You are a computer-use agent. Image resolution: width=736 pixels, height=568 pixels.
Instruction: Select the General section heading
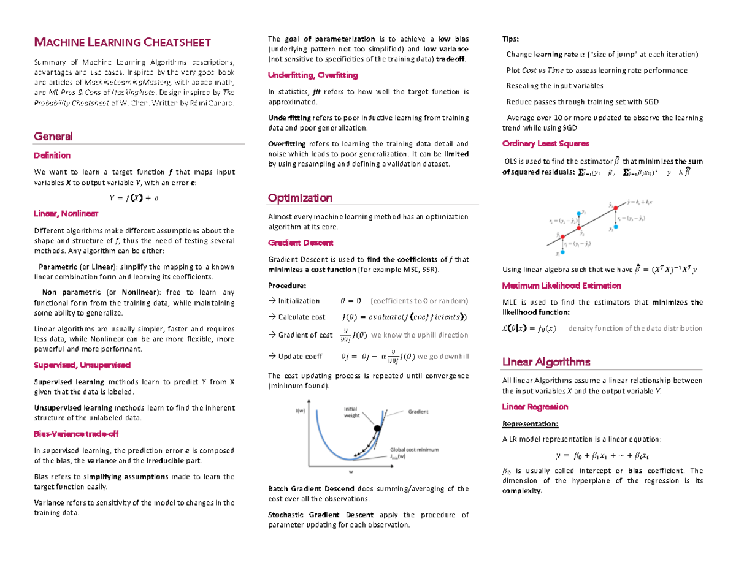[x=53, y=136]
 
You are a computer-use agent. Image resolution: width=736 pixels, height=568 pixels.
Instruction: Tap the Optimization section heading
[x=300, y=198]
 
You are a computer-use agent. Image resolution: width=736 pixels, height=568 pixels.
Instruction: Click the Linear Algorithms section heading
[x=546, y=361]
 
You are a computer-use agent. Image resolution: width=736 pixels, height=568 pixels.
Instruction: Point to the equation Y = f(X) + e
[x=134, y=197]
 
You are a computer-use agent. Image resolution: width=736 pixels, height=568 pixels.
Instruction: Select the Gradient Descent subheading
[x=301, y=243]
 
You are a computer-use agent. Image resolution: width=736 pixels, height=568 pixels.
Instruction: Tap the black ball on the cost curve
[x=377, y=430]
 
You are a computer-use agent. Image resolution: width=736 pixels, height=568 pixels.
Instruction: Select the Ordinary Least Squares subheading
[x=545, y=143]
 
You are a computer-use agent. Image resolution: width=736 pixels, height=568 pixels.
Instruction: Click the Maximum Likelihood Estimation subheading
[x=561, y=286]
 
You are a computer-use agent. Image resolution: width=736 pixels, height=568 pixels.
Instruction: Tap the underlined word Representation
[x=530, y=423]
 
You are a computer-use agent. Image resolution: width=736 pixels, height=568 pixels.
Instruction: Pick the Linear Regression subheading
[x=535, y=407]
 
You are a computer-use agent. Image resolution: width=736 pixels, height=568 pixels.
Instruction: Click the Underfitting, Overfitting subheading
[x=313, y=75]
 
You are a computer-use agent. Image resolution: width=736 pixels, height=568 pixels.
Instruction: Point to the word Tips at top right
[x=510, y=40]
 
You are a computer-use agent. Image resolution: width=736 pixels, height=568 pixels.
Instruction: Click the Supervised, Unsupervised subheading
[x=82, y=365]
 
